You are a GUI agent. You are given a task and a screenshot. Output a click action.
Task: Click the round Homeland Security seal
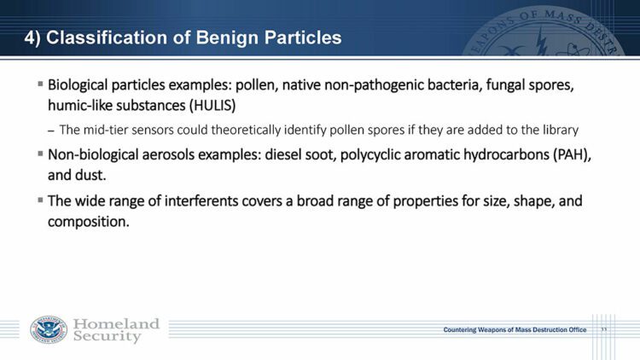(x=48, y=330)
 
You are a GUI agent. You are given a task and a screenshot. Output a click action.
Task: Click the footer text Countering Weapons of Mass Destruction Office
(x=515, y=330)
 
